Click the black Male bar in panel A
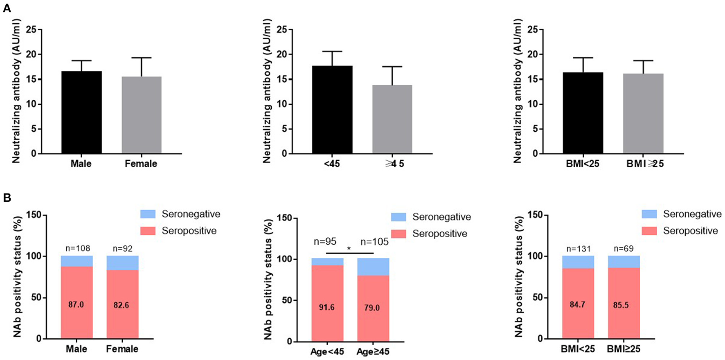[81, 112]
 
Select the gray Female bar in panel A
[142, 115]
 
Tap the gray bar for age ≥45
[392, 119]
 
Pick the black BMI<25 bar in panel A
[583, 113]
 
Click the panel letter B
[7, 198]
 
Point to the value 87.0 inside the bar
[76, 305]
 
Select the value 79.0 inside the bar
[372, 308]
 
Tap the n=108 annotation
[78, 248]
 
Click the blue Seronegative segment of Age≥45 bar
[373, 267]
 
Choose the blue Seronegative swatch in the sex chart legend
[148, 214]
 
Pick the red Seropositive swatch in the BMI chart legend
[649, 231]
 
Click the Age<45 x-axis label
[327, 352]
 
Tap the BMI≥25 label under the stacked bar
[624, 349]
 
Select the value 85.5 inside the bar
[621, 305]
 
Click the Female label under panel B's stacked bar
[122, 349]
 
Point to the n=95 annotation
[325, 242]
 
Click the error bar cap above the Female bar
[142, 58]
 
